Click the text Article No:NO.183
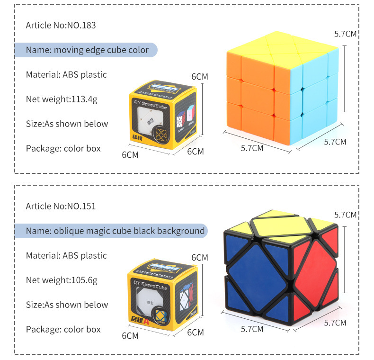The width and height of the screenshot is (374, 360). coord(61,25)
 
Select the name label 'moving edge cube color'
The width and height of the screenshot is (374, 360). coord(87,50)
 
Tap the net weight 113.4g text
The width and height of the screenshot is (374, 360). coord(62,99)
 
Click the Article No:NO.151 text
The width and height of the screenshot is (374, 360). coord(61,206)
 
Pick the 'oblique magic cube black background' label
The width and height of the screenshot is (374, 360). coord(116,231)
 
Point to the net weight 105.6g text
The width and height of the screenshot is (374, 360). coord(62,280)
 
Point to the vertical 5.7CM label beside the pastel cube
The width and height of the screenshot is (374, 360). coord(345,34)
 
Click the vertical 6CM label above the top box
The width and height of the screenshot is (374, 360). coord(199,76)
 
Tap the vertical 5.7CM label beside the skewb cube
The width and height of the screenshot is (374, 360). coord(345,215)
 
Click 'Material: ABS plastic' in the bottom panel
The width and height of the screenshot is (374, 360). coord(66,255)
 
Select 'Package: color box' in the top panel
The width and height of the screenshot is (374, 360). coord(63,148)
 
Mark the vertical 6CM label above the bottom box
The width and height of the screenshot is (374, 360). coord(199,257)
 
